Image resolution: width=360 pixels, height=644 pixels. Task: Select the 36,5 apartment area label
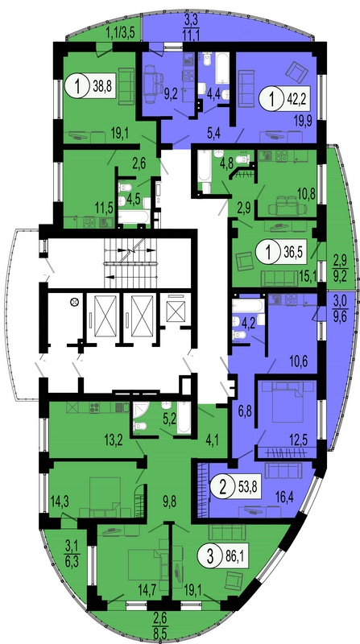coord(293,251)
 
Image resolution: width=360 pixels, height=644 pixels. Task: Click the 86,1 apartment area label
coord(236,556)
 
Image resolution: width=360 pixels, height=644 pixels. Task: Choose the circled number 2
coord(222,487)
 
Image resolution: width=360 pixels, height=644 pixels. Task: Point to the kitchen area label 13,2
coord(112,441)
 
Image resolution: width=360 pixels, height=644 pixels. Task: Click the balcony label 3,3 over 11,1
coord(191,26)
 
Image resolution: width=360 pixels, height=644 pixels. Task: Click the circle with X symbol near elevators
coord(74,302)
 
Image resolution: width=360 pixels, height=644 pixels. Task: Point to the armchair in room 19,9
coord(296,72)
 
